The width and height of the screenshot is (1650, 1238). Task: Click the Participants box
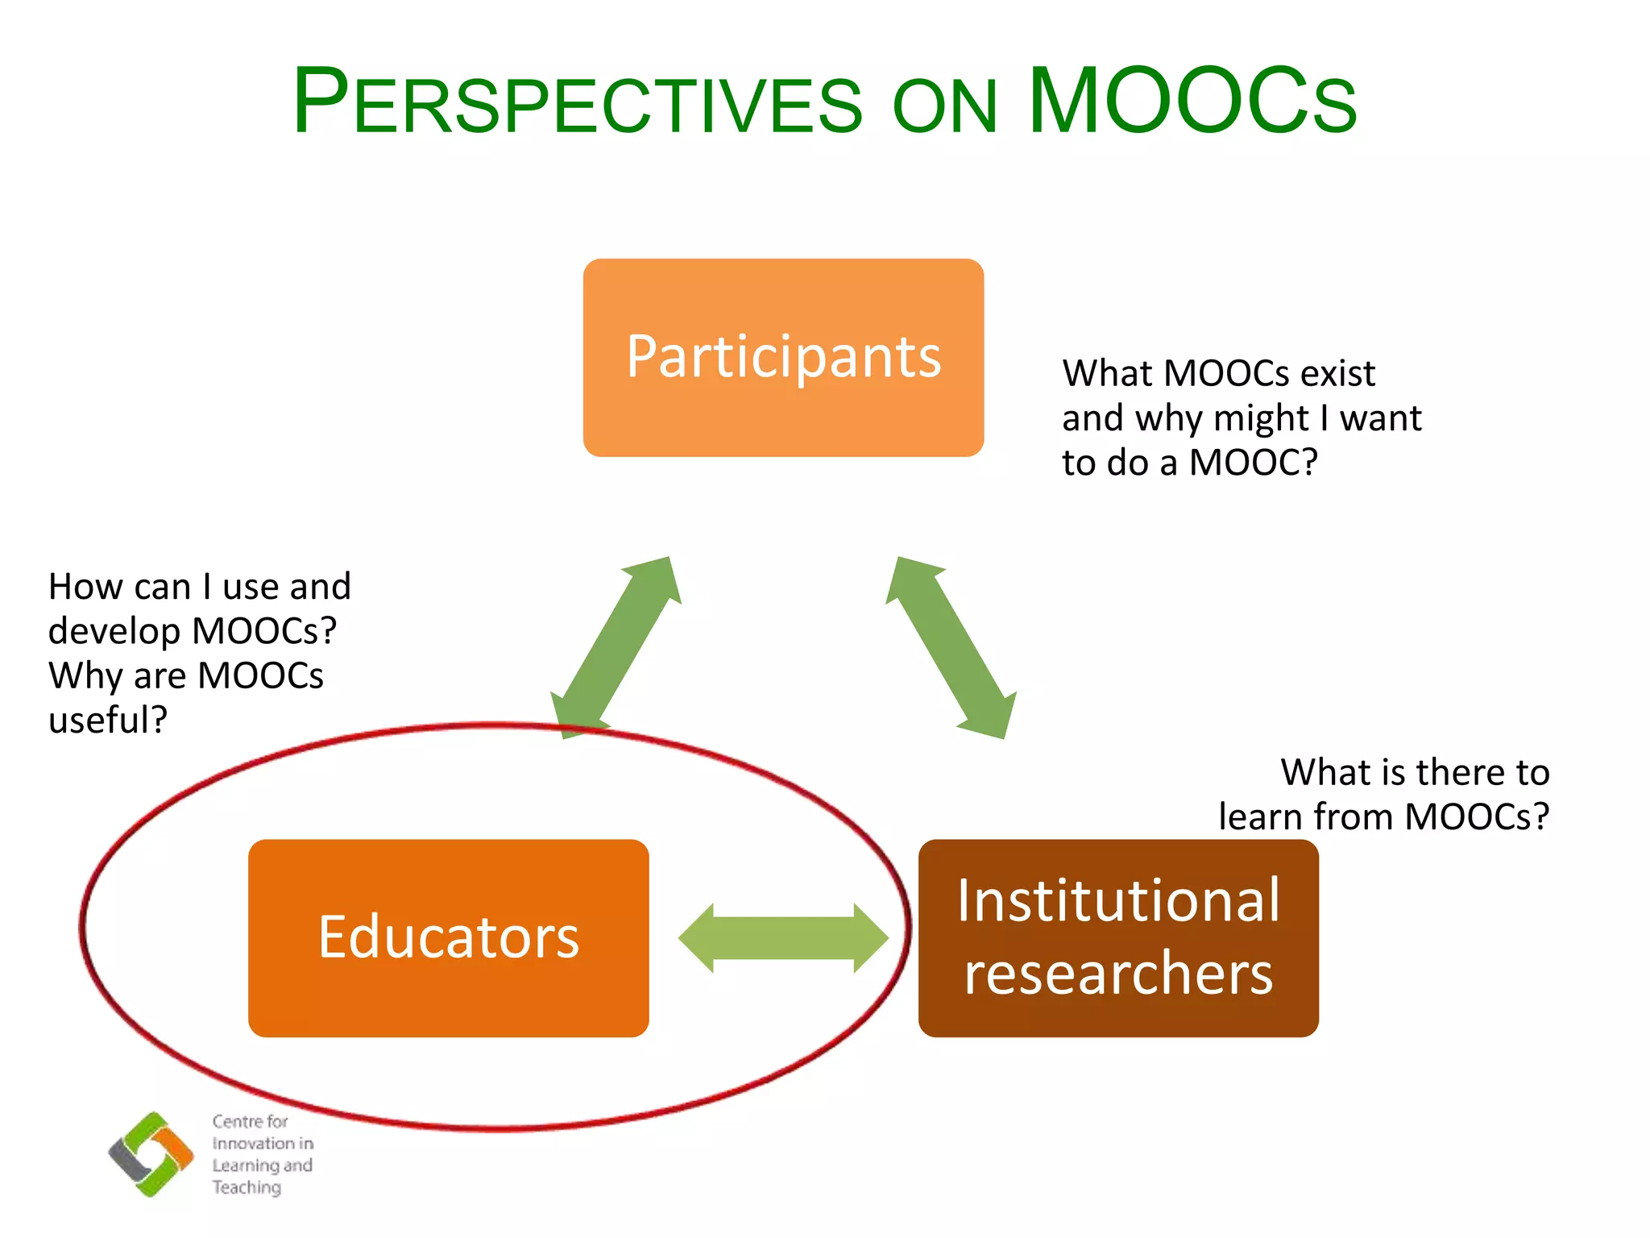click(783, 357)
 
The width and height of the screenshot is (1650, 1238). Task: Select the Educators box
click(448, 937)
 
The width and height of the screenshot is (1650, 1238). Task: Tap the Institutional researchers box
click(1118, 937)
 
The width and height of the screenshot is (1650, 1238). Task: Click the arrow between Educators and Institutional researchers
click(783, 938)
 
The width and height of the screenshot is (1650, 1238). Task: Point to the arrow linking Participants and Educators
click(616, 646)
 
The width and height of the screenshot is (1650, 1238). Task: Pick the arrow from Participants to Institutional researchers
click(951, 646)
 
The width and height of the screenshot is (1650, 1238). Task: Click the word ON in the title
click(944, 107)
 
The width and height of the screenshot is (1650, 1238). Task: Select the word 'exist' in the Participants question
click(1337, 373)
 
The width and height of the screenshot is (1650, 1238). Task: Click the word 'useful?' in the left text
click(108, 720)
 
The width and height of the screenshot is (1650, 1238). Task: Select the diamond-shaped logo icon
click(151, 1154)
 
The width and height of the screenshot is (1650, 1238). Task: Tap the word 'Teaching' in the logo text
click(247, 1187)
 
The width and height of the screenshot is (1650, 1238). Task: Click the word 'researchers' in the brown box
click(1118, 974)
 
